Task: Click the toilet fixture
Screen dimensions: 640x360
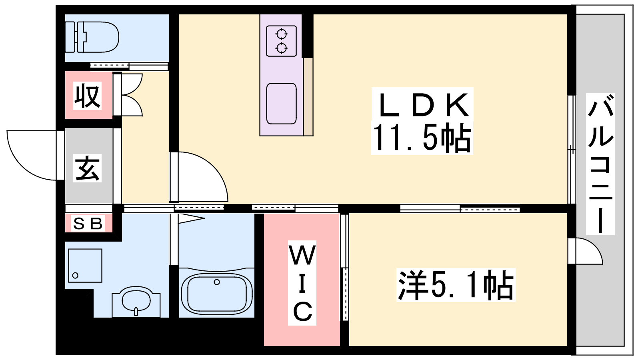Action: click(x=92, y=37)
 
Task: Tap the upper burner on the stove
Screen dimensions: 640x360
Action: click(x=282, y=34)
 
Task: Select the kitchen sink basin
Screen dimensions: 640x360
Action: click(x=282, y=104)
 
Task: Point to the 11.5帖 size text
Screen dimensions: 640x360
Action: click(x=422, y=138)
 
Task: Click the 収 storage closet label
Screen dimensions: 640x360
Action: click(x=88, y=96)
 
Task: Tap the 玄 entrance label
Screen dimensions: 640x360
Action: click(x=88, y=168)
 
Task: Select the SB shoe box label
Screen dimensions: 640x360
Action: click(x=88, y=224)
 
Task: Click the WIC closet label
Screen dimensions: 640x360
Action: click(x=302, y=283)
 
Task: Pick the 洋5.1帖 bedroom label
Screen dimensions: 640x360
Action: click(x=456, y=285)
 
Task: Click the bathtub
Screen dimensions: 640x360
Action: click(x=217, y=293)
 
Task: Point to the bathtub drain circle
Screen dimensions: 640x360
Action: click(x=217, y=282)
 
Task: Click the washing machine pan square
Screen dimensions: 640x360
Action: click(x=85, y=266)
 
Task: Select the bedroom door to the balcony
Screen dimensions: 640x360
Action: click(x=586, y=251)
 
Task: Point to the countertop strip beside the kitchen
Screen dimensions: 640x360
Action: click(x=308, y=97)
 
